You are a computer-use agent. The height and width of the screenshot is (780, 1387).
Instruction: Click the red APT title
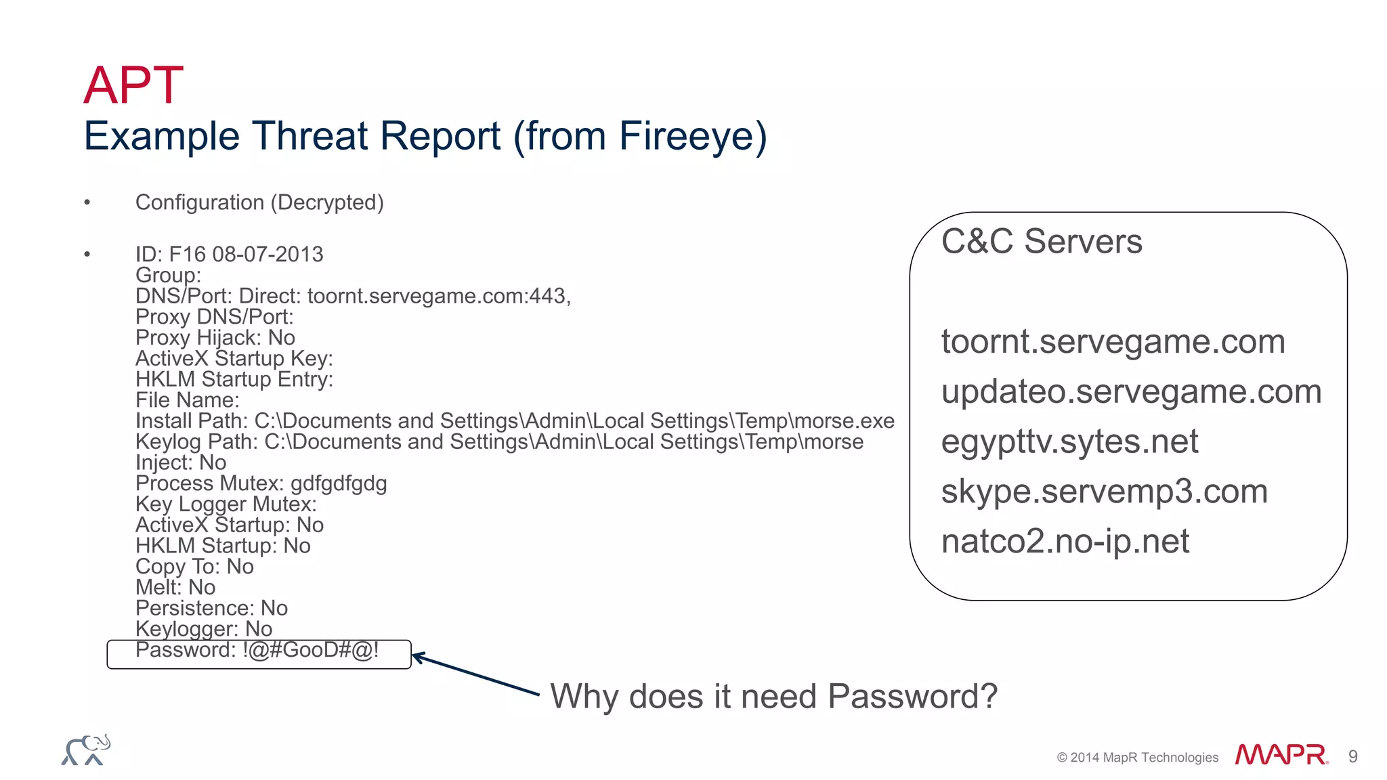pyautogui.click(x=133, y=85)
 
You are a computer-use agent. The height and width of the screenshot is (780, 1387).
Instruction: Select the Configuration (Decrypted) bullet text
pyautogui.click(x=259, y=202)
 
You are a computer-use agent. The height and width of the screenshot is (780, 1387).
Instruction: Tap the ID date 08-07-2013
pyautogui.click(x=268, y=255)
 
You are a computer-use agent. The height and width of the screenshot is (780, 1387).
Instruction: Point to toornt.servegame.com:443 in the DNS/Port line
pyautogui.click(x=438, y=297)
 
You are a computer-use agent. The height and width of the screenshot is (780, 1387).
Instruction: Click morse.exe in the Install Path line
pyautogui.click(x=844, y=421)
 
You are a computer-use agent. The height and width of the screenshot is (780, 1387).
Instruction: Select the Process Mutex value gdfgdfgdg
pyautogui.click(x=339, y=483)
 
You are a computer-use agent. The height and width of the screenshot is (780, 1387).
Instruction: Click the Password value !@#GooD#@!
pyautogui.click(x=310, y=650)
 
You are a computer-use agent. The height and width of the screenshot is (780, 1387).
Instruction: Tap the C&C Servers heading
pyautogui.click(x=1042, y=242)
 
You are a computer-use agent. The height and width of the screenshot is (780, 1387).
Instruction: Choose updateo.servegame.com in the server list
pyautogui.click(x=1131, y=391)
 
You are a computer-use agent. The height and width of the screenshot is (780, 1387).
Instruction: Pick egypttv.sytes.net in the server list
pyautogui.click(x=1069, y=441)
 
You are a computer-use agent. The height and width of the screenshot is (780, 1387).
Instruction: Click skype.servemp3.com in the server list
pyautogui.click(x=1104, y=492)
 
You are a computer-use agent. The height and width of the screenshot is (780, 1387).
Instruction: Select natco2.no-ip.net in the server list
pyautogui.click(x=1065, y=542)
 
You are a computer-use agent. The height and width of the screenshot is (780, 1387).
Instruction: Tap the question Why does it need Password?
pyautogui.click(x=773, y=697)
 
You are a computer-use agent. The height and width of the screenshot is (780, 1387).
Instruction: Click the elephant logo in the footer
pyautogui.click(x=86, y=750)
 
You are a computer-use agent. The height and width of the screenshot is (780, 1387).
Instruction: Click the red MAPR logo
pyautogui.click(x=1281, y=754)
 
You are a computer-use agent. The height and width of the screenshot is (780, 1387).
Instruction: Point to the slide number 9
pyautogui.click(x=1352, y=757)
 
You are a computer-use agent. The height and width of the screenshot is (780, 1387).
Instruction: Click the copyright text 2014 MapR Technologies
pyautogui.click(x=1138, y=758)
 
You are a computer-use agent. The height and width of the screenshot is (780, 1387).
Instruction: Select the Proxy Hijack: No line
pyautogui.click(x=215, y=338)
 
